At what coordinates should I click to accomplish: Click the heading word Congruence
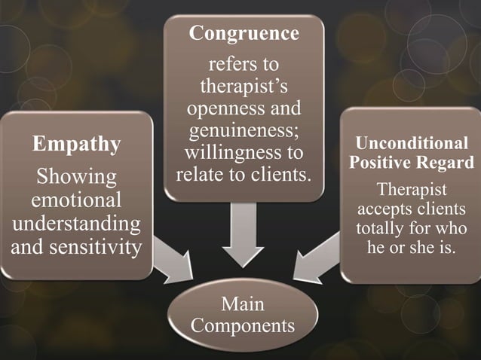coord(244,34)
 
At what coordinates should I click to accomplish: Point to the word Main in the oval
coord(243,306)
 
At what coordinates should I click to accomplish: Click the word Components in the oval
coord(243,327)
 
